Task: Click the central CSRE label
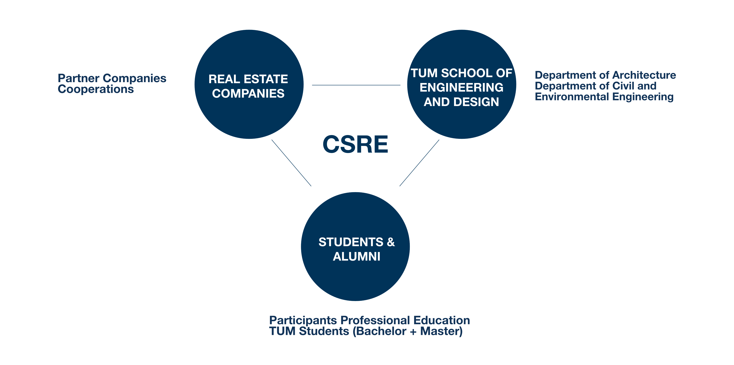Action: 355,144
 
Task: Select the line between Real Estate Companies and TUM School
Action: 356,85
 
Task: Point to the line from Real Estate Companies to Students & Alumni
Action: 291,163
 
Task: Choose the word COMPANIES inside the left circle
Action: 248,94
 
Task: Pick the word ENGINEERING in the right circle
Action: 461,87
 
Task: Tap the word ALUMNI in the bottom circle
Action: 357,257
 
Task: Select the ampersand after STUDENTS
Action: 391,242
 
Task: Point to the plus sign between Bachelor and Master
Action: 413,332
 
